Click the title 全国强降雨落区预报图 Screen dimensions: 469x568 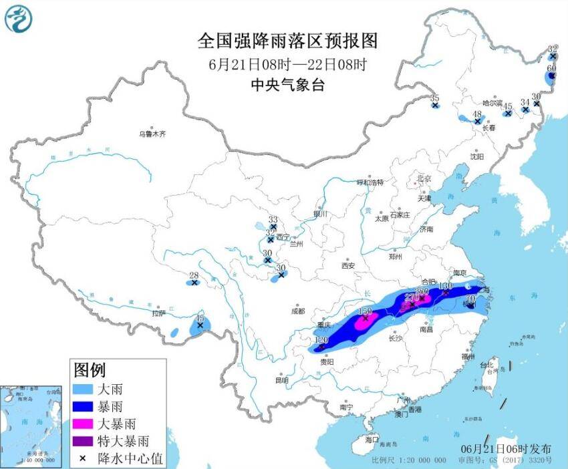point(287,41)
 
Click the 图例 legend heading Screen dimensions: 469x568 point(90,369)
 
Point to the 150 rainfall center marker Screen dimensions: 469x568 point(366,319)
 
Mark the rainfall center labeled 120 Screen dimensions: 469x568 point(321,347)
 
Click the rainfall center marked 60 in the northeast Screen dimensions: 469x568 point(553,77)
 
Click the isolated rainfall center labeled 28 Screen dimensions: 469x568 point(194,283)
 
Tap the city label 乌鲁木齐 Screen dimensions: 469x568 point(152,134)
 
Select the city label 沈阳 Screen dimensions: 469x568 point(476,156)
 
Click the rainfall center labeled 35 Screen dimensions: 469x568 point(435,105)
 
